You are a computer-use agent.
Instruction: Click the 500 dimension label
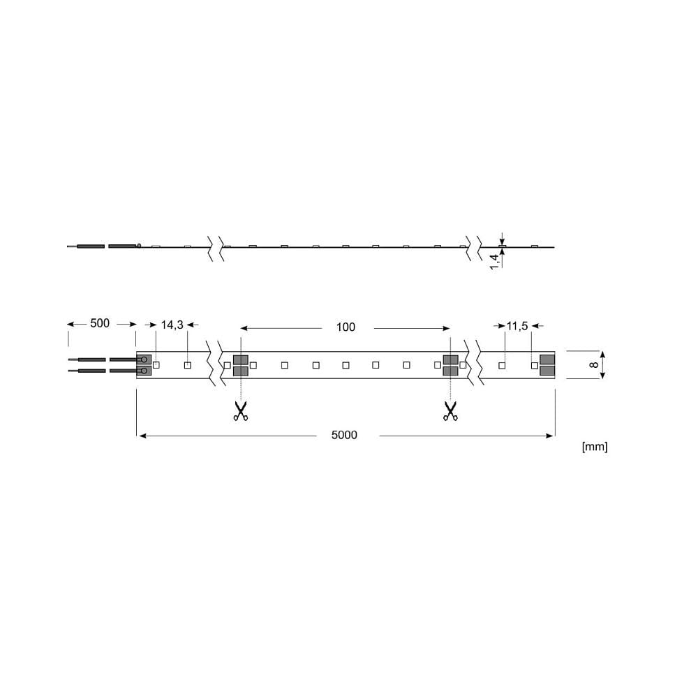click(100, 323)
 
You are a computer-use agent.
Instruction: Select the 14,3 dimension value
click(172, 325)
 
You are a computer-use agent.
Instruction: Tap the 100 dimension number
click(346, 327)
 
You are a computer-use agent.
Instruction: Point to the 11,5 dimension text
click(517, 326)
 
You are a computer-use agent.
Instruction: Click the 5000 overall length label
click(344, 435)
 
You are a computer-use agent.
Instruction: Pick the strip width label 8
click(594, 364)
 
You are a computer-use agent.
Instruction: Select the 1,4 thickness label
click(494, 262)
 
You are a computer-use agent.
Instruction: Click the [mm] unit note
click(594, 447)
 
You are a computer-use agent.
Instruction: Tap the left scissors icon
click(240, 411)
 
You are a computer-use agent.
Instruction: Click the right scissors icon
click(450, 411)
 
